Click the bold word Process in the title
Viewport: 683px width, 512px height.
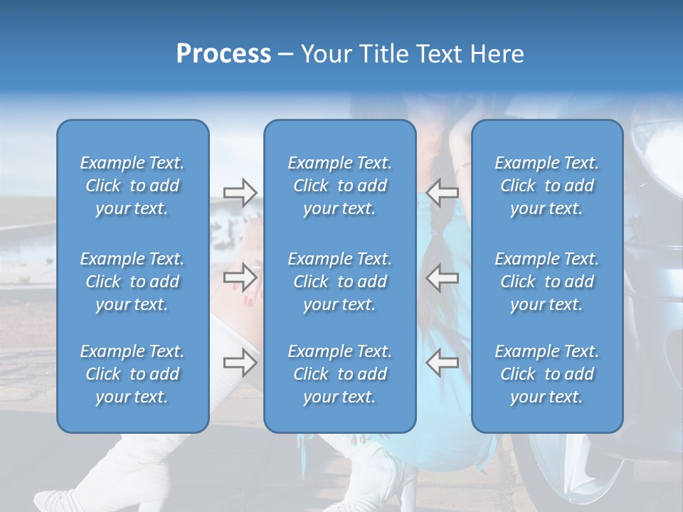[x=223, y=54]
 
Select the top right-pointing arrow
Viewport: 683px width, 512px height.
[x=240, y=192]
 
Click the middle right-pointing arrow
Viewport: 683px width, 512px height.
[x=240, y=277]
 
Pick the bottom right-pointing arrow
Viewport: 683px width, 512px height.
[x=240, y=363]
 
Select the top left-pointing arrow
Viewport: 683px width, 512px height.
[x=442, y=192]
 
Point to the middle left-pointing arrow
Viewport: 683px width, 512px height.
[x=442, y=277]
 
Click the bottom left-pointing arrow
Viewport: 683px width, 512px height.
[x=442, y=363]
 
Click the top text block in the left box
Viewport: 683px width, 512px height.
[x=132, y=186]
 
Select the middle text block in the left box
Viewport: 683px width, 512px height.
[x=132, y=282]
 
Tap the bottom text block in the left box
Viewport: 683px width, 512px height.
[x=132, y=374]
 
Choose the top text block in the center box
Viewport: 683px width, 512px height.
[x=339, y=186]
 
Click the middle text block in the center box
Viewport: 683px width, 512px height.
[x=339, y=282]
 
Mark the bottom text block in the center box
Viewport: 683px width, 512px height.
[x=339, y=374]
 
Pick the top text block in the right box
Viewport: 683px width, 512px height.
[x=546, y=186]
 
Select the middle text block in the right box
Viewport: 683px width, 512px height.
[x=546, y=282]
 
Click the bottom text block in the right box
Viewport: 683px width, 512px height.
[x=546, y=374]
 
